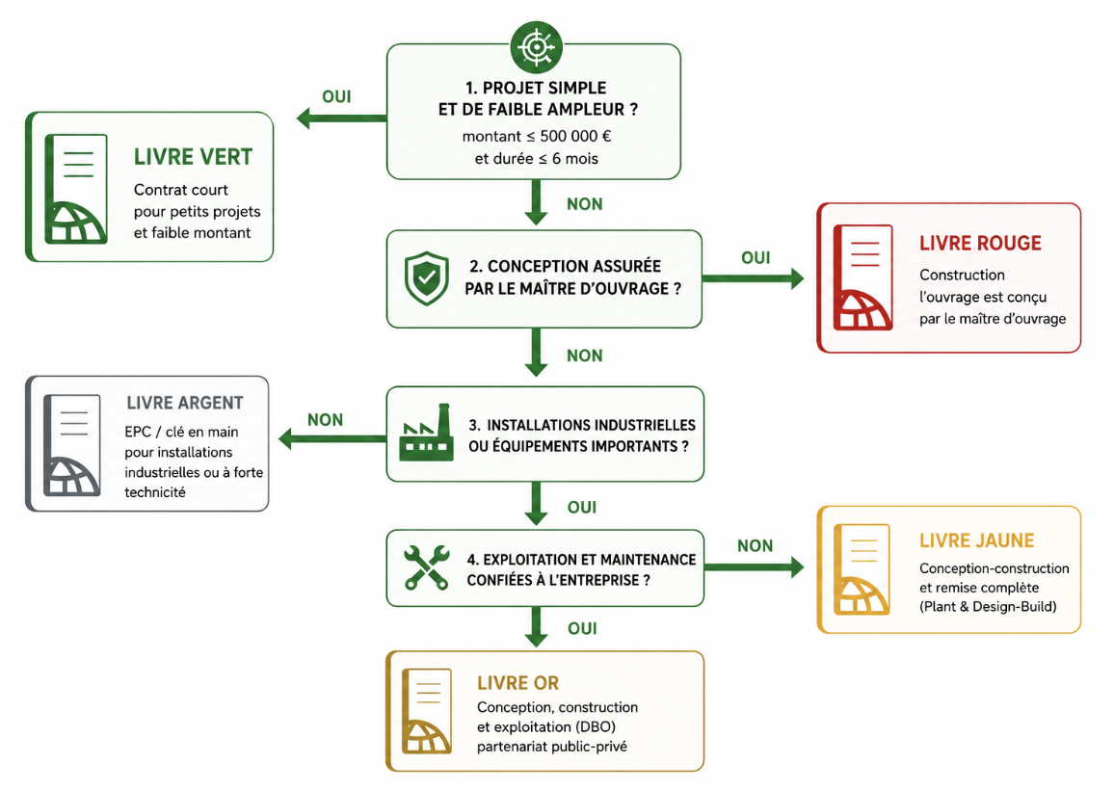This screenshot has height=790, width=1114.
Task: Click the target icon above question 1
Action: (x=537, y=47)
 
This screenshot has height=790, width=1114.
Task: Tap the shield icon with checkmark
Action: (x=426, y=278)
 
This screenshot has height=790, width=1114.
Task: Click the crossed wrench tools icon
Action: (x=426, y=567)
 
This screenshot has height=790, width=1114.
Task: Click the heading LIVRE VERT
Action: (x=194, y=157)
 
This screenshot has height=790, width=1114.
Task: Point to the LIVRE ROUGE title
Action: (x=980, y=243)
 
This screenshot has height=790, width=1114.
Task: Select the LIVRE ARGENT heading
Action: (x=185, y=403)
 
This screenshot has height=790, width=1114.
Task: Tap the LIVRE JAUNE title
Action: (x=977, y=540)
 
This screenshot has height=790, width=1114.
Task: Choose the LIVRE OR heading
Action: (x=517, y=683)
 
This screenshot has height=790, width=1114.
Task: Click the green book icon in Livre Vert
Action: (x=76, y=189)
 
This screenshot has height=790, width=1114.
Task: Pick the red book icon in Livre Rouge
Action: (x=862, y=277)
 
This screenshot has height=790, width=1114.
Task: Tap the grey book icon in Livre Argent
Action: (x=71, y=445)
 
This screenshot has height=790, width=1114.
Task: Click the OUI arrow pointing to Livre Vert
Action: (x=342, y=118)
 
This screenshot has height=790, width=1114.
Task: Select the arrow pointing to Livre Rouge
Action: (x=753, y=277)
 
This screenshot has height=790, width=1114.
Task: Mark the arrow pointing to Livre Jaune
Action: (x=754, y=566)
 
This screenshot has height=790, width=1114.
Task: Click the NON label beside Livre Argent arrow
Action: (x=326, y=420)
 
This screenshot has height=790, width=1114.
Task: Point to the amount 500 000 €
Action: (x=575, y=137)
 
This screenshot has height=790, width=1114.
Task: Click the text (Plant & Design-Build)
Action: (x=988, y=607)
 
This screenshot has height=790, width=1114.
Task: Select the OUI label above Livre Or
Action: (x=583, y=629)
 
